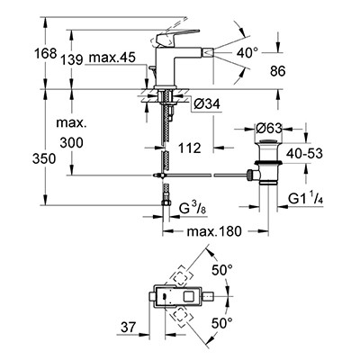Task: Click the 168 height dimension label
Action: (45, 54)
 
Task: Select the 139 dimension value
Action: (72, 60)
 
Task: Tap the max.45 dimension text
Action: (112, 58)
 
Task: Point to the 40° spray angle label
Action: (247, 53)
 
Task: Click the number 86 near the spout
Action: (277, 71)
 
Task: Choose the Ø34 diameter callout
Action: (207, 104)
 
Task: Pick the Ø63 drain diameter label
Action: (269, 129)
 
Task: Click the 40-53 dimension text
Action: (304, 154)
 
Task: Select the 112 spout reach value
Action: (189, 148)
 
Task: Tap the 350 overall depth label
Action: (44, 158)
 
